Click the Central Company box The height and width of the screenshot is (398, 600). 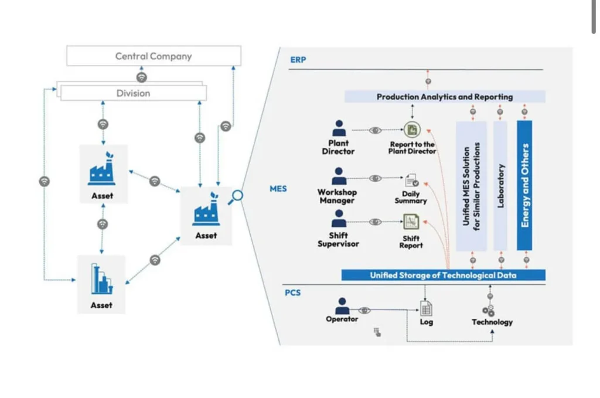[154, 56]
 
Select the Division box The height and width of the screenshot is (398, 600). [134, 93]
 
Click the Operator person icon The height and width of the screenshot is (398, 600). [342, 306]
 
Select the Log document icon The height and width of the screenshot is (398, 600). [426, 308]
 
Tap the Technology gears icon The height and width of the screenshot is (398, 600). [489, 310]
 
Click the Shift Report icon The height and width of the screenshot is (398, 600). [411, 222]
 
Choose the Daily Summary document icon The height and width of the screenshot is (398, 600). [411, 181]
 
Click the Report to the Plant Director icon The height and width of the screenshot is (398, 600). [412, 130]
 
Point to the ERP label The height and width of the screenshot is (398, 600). [298, 60]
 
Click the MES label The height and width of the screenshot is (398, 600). [278, 189]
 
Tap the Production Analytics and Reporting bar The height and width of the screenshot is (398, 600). [444, 97]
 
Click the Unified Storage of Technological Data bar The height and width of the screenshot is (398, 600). [443, 275]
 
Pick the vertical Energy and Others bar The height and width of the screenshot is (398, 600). [524, 185]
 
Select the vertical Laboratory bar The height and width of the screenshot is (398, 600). [500, 185]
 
